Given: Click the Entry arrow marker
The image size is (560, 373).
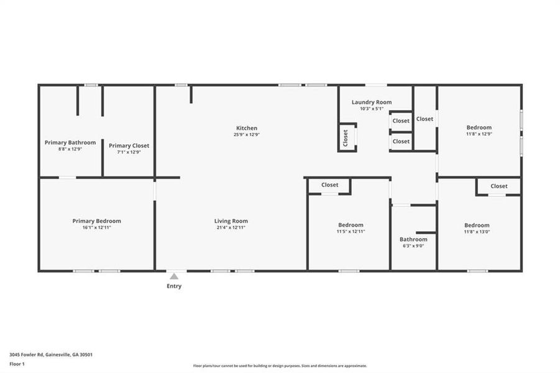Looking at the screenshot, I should click(174, 276).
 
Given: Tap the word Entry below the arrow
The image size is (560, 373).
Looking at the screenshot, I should click(174, 287).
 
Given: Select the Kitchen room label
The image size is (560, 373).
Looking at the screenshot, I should click(246, 128).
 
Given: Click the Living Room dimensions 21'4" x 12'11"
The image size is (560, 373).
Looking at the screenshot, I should click(231, 228).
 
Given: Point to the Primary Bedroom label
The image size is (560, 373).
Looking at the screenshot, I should click(96, 221).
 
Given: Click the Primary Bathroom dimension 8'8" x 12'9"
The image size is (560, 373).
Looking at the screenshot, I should click(70, 149).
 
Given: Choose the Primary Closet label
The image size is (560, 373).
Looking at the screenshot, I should click(129, 145).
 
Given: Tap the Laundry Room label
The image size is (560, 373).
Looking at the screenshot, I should click(372, 102).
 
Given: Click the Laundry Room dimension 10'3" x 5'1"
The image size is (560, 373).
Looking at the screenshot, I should click(372, 109).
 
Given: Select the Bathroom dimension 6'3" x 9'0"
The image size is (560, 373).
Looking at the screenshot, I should click(413, 246).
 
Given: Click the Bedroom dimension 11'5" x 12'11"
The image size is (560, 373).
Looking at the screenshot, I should click(351, 231).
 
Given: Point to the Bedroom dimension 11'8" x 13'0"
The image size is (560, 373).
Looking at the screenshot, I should click(477, 232).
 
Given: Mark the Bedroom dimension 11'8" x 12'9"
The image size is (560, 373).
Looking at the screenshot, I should click(479, 134).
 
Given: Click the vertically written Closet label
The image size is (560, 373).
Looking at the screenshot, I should click(346, 138).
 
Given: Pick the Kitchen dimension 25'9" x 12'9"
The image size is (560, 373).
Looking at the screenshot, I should click(246, 134).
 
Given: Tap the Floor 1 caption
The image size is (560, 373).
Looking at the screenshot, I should click(17, 363).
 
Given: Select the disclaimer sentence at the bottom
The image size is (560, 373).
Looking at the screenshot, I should click(280, 366).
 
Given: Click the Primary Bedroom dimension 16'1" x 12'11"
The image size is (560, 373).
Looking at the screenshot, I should click(96, 228).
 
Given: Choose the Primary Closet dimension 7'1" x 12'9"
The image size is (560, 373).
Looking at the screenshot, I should click(129, 152).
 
